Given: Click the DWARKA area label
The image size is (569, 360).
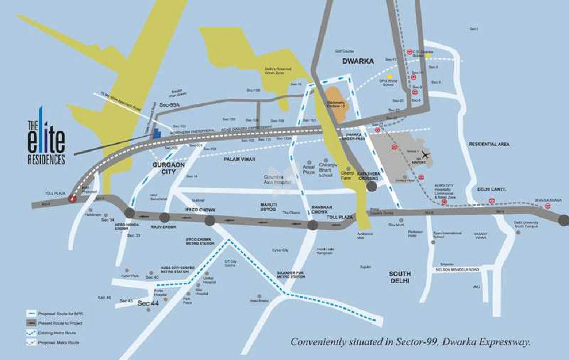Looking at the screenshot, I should [358, 61].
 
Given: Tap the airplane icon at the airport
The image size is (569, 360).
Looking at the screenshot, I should [427, 154].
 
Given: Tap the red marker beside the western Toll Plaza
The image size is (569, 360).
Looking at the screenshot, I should [72, 198].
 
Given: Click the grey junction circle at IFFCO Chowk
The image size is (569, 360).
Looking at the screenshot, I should [209, 221].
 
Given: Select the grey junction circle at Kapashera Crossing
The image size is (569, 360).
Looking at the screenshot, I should [372, 187].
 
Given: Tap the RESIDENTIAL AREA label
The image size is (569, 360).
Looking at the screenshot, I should [489, 145].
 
